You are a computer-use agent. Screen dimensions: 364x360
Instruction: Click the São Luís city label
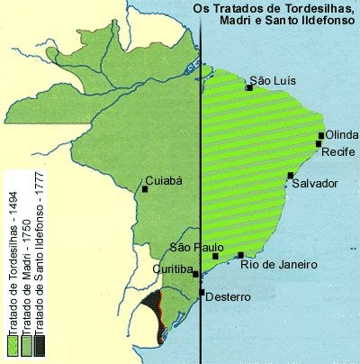pyautogui.click(x=273, y=80)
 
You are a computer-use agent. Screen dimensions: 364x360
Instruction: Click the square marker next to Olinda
pyautogui.click(x=321, y=136)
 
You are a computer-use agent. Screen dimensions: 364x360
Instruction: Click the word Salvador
pyautogui.click(x=314, y=183)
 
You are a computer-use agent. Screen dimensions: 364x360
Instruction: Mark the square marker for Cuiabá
pyautogui.click(x=146, y=189)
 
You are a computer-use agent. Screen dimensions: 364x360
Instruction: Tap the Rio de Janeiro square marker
pyautogui.click(x=241, y=255)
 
